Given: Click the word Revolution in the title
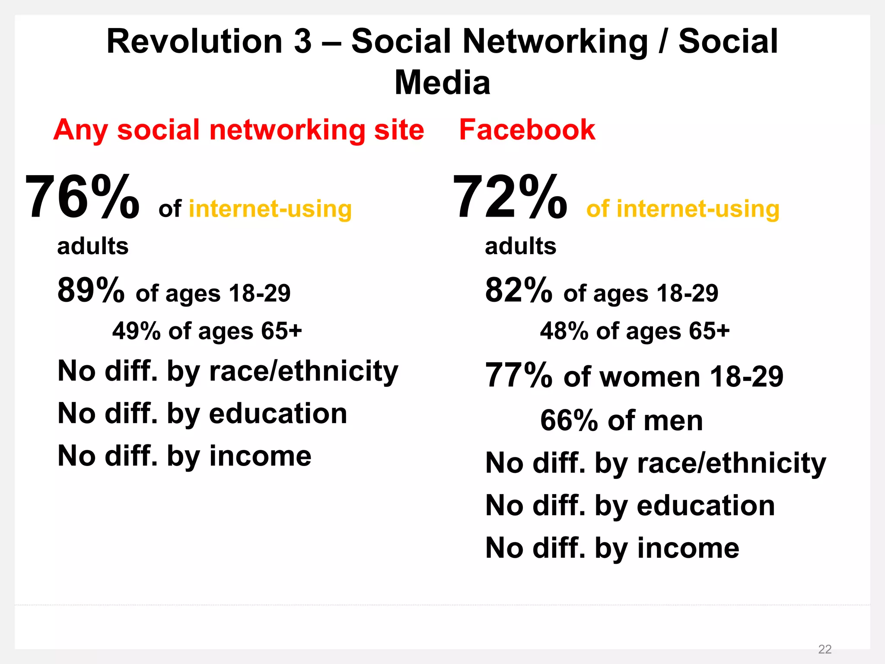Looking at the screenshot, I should (194, 41).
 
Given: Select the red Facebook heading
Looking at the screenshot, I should (527, 130).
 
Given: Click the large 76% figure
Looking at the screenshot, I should (82, 197).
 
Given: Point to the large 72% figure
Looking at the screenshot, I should (510, 197).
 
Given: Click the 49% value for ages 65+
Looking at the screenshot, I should (137, 331).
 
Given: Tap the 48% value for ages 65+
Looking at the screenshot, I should (564, 331).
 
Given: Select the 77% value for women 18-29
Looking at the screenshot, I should (519, 375).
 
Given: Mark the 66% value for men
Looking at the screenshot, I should (569, 420).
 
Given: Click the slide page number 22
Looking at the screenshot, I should (825, 649).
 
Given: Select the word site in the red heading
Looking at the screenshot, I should (399, 130).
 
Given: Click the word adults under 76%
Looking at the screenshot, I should (93, 246).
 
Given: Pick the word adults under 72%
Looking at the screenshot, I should (521, 246).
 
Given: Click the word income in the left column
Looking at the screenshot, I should (260, 456).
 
